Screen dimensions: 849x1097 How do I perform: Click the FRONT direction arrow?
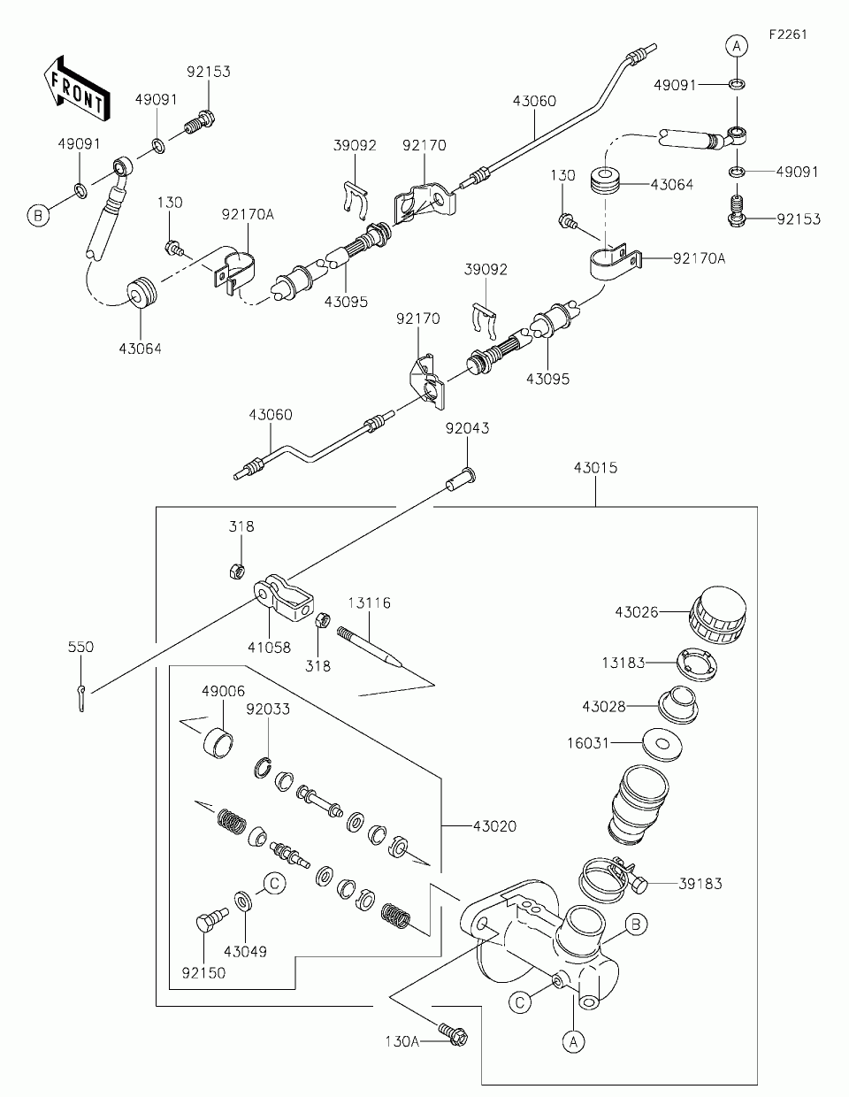77,88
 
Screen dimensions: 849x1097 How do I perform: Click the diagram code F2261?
788,35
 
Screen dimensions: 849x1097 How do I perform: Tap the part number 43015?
595,467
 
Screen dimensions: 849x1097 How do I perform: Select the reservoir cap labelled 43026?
717,616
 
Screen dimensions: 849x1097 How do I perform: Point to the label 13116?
370,602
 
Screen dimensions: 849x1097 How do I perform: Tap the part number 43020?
494,826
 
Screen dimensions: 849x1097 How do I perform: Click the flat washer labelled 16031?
662,742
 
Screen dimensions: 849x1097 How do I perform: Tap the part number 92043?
467,428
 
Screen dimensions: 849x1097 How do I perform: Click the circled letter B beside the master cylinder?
636,924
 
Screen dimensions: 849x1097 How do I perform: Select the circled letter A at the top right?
737,46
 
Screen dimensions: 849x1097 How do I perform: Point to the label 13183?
623,663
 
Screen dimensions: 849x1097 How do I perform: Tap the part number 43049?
245,952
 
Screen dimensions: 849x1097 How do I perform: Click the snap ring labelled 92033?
262,769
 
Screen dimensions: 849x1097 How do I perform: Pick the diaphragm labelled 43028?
678,704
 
